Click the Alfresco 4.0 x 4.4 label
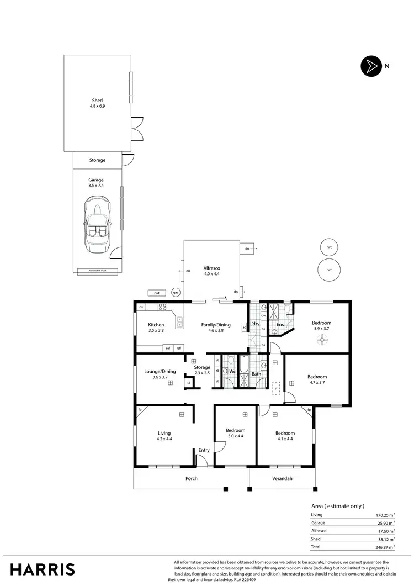[212, 270]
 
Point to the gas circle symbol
[176, 292]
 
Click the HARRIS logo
[43, 569]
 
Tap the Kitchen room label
[156, 328]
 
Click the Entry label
[204, 450]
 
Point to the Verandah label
[283, 478]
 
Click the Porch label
[191, 478]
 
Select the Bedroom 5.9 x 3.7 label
[321, 326]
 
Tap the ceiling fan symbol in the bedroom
[321, 341]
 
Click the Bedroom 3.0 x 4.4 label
[235, 433]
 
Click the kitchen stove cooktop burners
[163, 307]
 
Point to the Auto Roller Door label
[97, 271]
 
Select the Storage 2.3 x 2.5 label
[203, 370]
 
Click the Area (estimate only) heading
[338, 506]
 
